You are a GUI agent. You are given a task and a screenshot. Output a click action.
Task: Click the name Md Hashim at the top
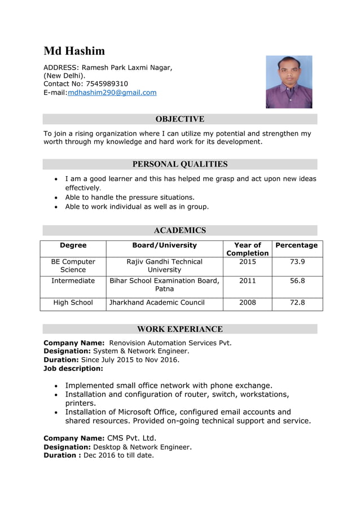point(74,51)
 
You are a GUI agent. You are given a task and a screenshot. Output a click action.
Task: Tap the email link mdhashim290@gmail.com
point(112,93)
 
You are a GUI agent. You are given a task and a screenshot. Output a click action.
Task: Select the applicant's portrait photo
point(289,82)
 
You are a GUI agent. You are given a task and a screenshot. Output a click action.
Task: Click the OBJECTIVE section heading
point(179,119)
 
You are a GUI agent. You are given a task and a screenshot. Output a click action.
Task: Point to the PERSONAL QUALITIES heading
point(179,164)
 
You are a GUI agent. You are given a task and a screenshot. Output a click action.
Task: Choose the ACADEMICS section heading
point(179,230)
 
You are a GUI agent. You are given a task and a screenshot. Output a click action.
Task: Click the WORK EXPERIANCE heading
point(179,329)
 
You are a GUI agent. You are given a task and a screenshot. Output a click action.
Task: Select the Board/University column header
point(164,245)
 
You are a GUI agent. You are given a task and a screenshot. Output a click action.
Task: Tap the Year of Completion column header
point(247,249)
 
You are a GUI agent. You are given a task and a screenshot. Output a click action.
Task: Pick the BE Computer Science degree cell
point(73,266)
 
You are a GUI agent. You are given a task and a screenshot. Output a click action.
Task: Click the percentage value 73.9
point(297,262)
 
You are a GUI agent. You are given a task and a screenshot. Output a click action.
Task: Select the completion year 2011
point(247,280)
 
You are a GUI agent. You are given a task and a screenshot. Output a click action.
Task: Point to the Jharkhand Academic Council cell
point(157,302)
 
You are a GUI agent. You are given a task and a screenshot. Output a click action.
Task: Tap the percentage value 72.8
point(297,302)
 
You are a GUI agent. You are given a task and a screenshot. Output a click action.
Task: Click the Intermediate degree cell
point(73,280)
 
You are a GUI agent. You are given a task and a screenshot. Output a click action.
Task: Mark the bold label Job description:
point(73,368)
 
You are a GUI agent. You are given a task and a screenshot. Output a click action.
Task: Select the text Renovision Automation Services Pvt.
point(170,343)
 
